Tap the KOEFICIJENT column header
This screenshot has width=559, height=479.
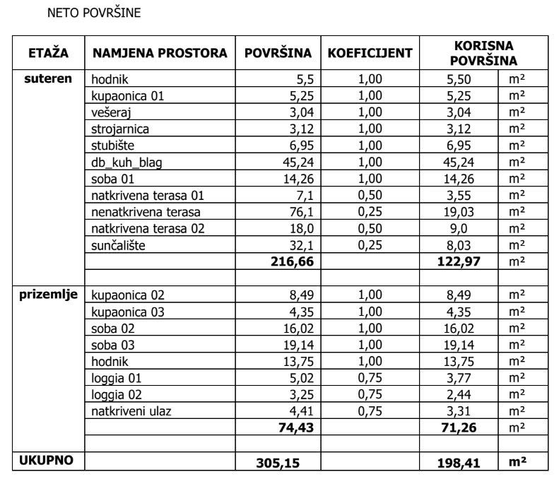370,54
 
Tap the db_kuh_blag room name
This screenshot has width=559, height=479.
126,162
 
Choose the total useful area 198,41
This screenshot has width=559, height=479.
459,463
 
